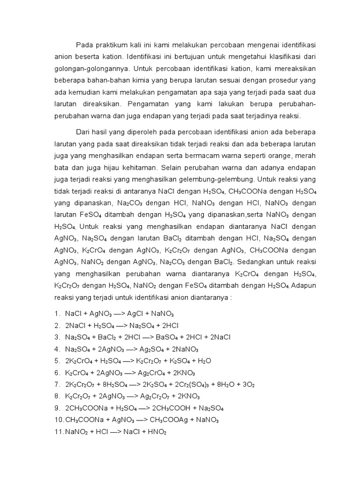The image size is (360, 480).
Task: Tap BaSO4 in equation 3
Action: pyautogui.click(x=172, y=337)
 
